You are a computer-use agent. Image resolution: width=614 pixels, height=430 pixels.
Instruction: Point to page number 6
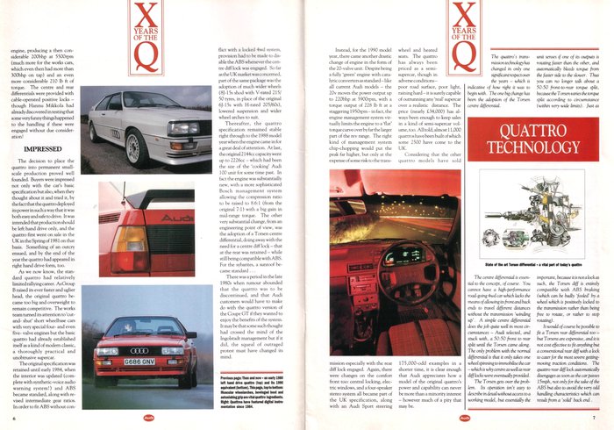(x=15, y=421)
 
